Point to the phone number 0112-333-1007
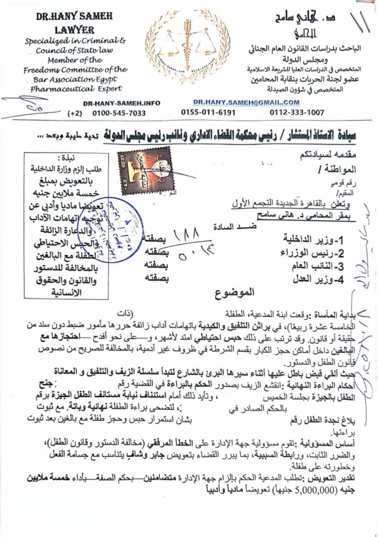click(297, 112)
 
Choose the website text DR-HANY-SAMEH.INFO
click(121, 103)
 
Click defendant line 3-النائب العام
click(303, 265)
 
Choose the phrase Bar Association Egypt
click(71, 79)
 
